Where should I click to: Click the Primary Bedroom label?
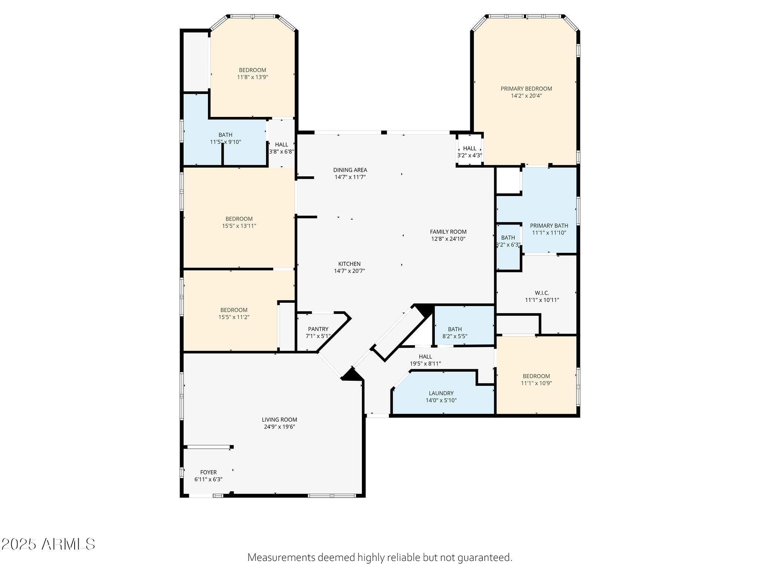(x=526, y=89)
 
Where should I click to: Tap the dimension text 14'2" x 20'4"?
(x=526, y=96)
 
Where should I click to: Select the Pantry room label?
(x=318, y=329)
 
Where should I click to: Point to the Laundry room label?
(x=441, y=393)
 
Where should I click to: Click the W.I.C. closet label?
(x=542, y=293)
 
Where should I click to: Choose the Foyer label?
(x=208, y=472)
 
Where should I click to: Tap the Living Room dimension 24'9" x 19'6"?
(x=279, y=427)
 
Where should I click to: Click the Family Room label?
(x=448, y=232)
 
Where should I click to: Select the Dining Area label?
(x=350, y=170)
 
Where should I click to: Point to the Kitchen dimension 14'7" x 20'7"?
(x=349, y=271)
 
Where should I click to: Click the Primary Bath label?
(x=549, y=226)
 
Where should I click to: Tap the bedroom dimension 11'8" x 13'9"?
(x=252, y=77)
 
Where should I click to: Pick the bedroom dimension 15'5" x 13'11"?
(x=239, y=226)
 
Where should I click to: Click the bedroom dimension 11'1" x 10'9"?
(x=536, y=383)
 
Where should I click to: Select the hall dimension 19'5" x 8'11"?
(x=425, y=364)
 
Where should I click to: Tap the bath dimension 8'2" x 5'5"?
(x=455, y=336)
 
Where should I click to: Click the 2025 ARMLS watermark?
(x=48, y=544)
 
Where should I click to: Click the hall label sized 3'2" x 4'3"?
(x=469, y=148)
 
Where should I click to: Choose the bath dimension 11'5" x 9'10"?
(x=225, y=142)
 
